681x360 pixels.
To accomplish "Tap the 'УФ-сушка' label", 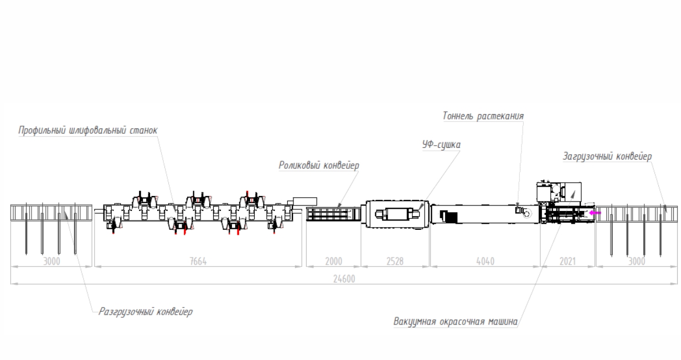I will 438,145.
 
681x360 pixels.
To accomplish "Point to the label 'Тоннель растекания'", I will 483,116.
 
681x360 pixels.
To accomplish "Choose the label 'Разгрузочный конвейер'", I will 145,312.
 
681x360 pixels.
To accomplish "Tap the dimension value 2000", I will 333,261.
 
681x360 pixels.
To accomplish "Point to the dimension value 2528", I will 394,261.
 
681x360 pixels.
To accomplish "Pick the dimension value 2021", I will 568,261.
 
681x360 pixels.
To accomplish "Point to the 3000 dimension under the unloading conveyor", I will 51,261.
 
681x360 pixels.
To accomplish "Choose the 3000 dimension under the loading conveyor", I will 637,261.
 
